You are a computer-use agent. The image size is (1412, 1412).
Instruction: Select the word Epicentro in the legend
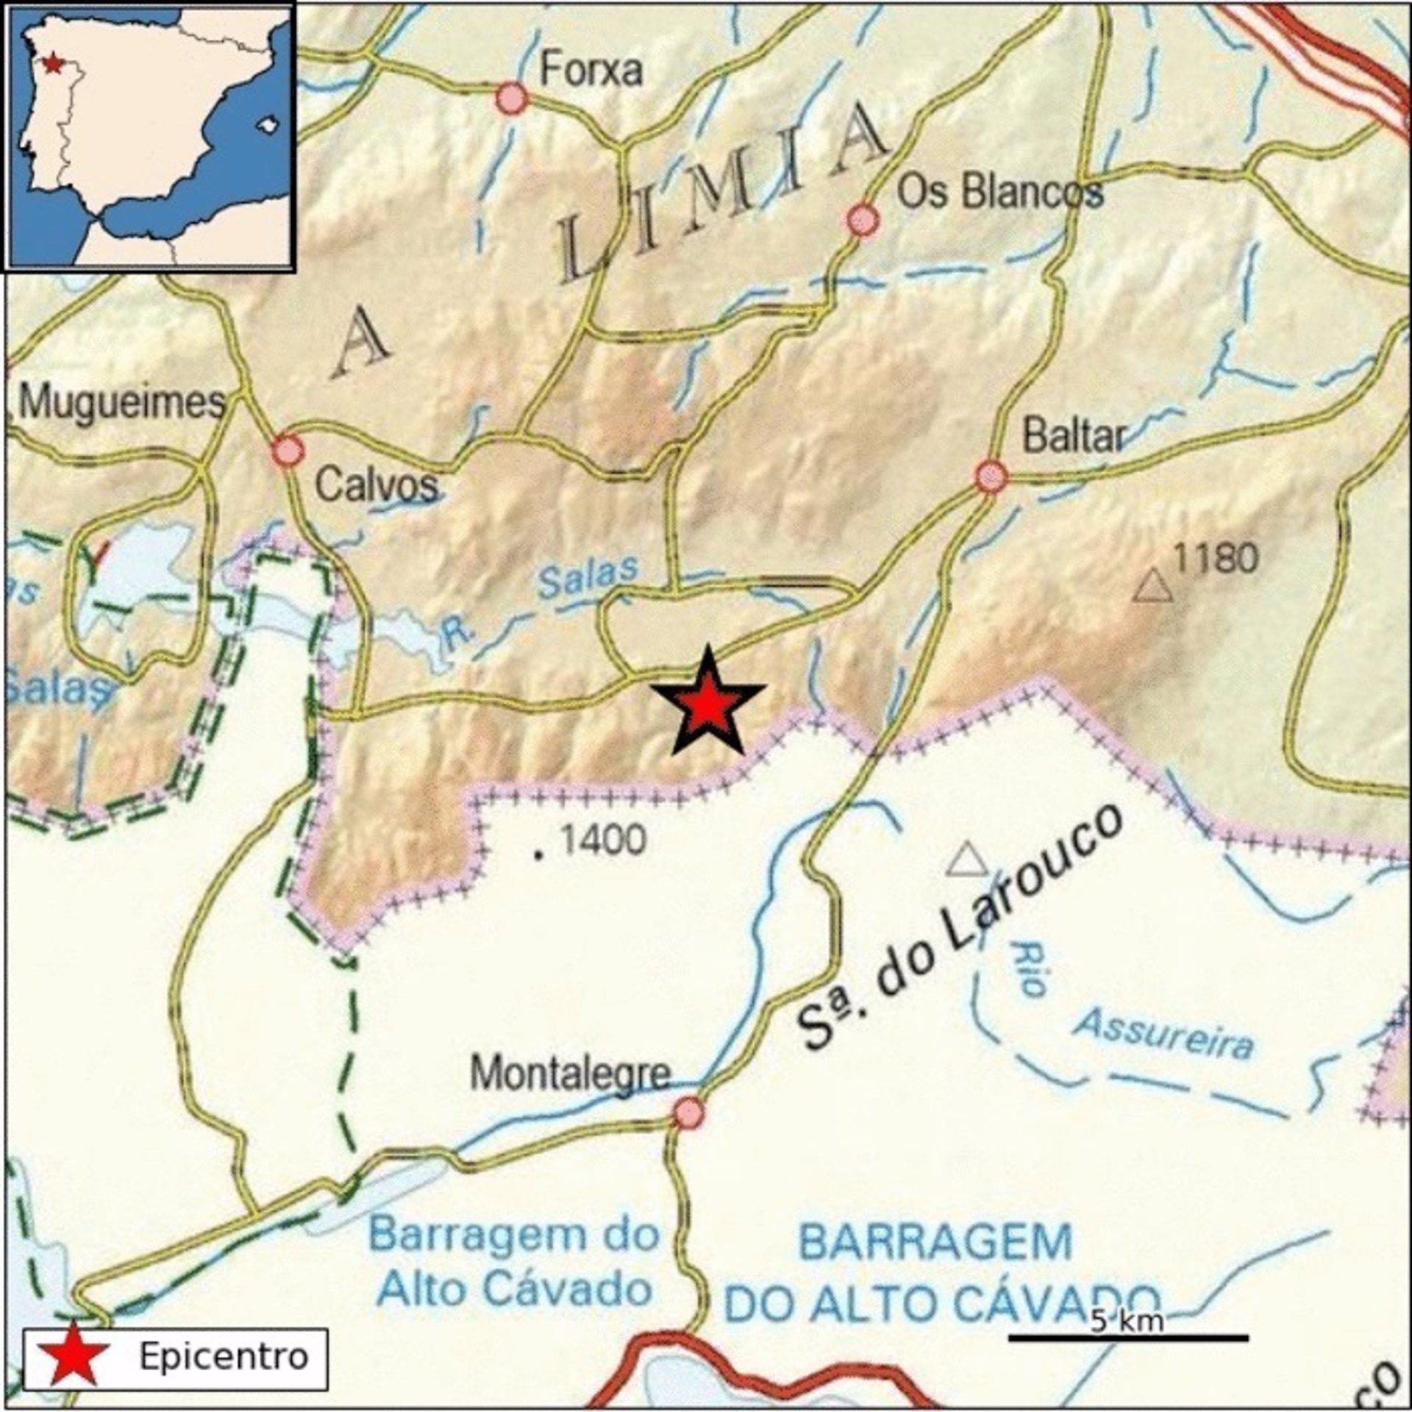click(224, 1356)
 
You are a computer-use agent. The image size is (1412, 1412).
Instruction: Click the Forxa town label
click(591, 71)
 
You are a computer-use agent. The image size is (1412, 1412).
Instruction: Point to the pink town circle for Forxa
click(511, 99)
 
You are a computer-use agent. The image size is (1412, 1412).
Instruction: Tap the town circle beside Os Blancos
click(863, 219)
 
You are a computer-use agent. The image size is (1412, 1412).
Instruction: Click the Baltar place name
click(1074, 437)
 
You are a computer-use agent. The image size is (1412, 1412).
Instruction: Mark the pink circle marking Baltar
click(991, 476)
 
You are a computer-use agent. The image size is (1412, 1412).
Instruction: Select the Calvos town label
click(377, 485)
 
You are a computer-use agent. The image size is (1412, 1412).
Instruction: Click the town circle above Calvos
click(287, 450)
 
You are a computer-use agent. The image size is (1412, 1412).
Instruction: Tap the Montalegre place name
click(571, 1074)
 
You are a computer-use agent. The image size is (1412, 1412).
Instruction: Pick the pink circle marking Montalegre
click(688, 1113)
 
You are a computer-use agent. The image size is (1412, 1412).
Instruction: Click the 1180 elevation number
click(1216, 559)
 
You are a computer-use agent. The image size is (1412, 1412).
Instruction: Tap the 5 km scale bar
click(1127, 1337)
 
